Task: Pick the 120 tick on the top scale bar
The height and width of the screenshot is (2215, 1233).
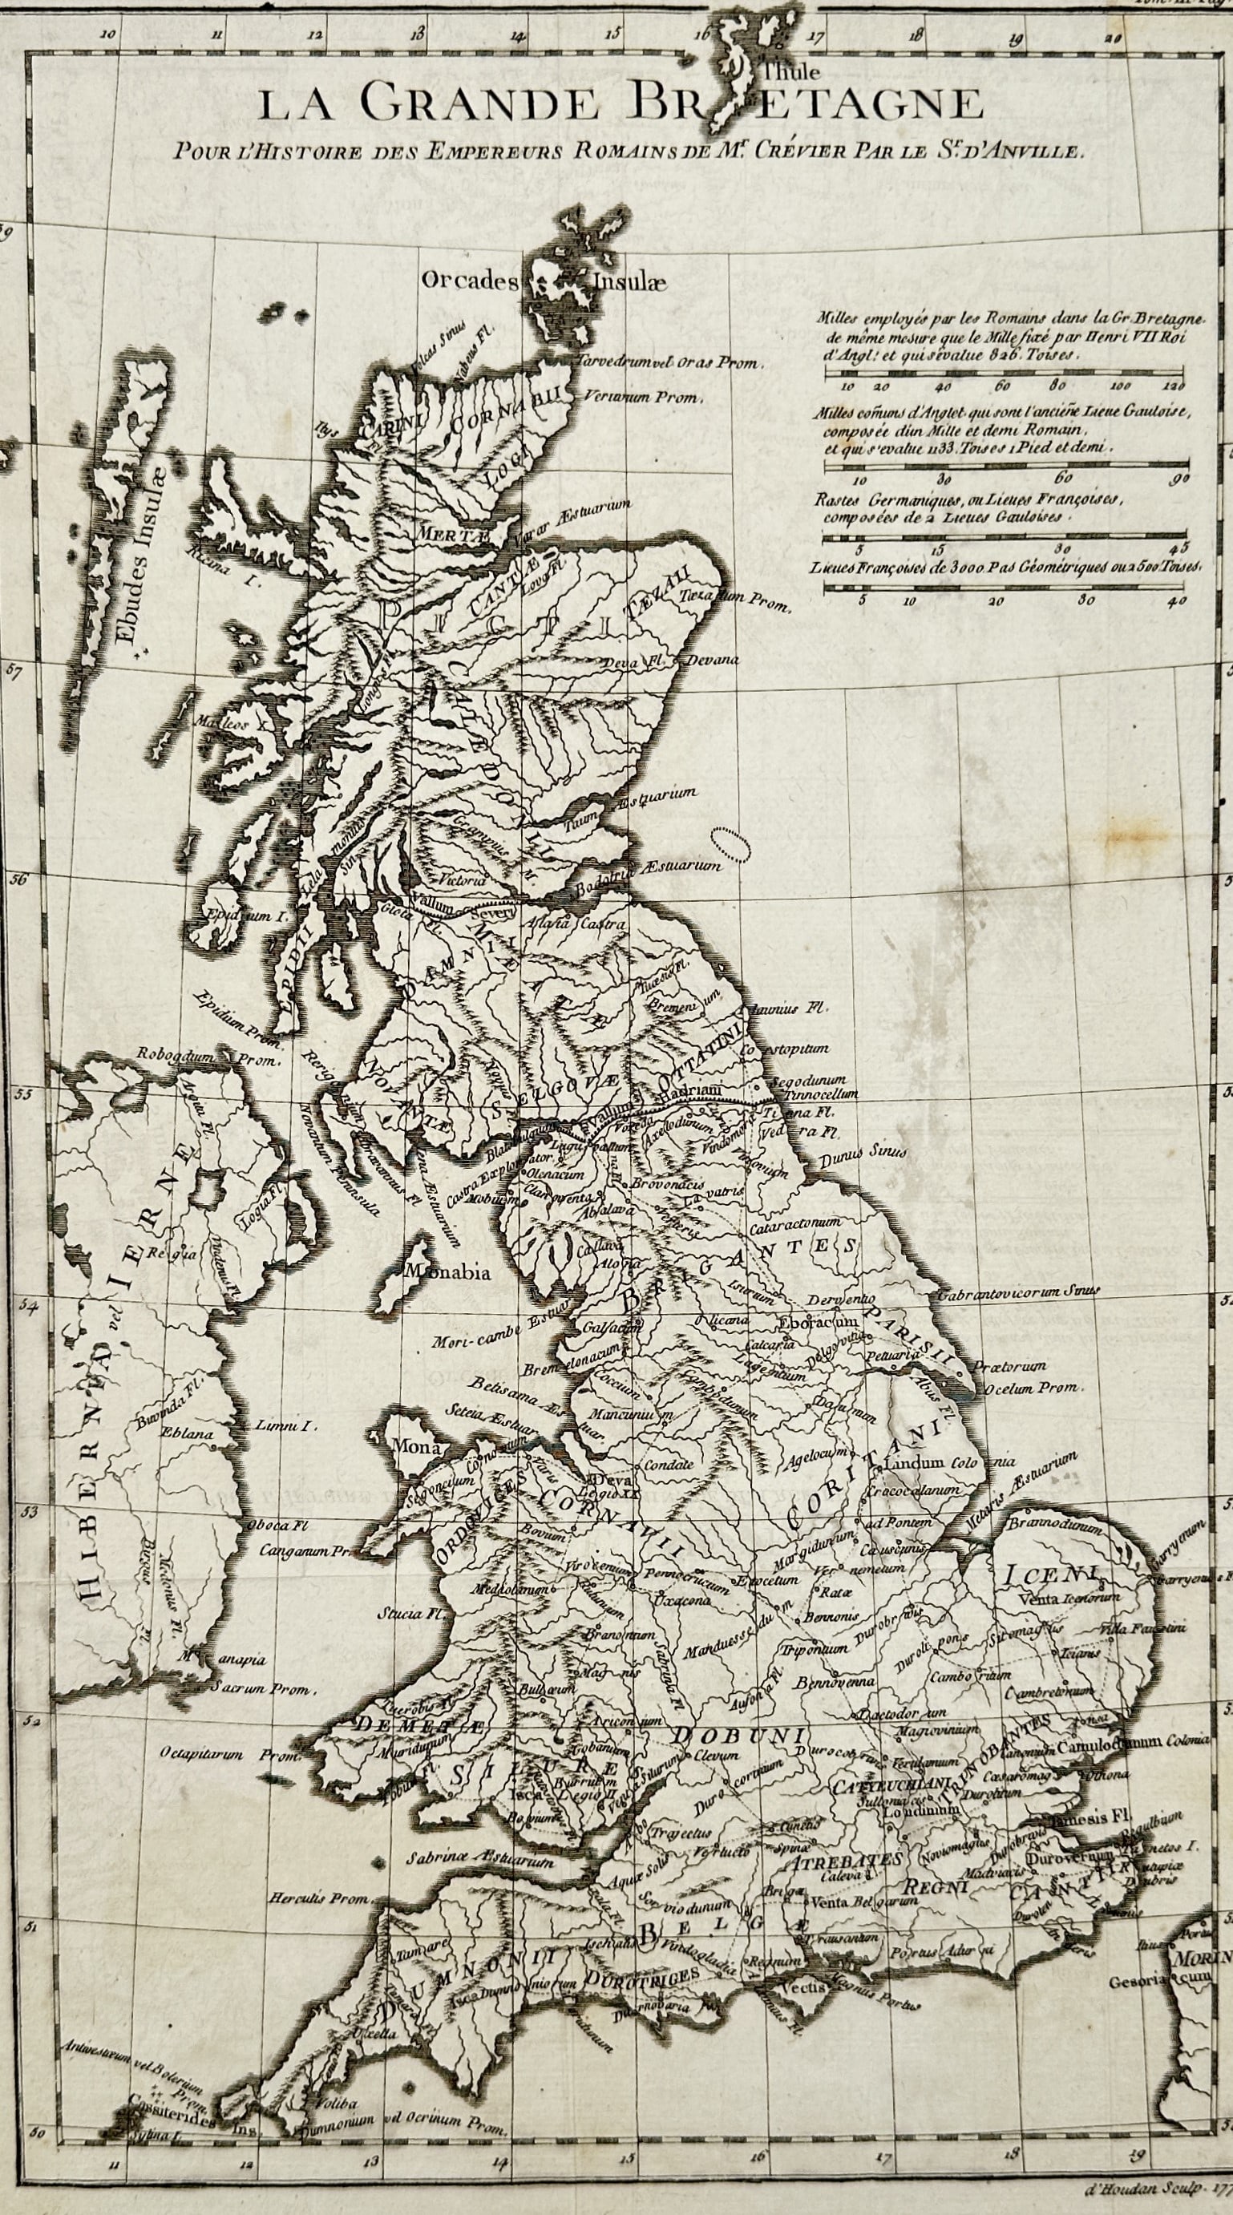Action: [1172, 387]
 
